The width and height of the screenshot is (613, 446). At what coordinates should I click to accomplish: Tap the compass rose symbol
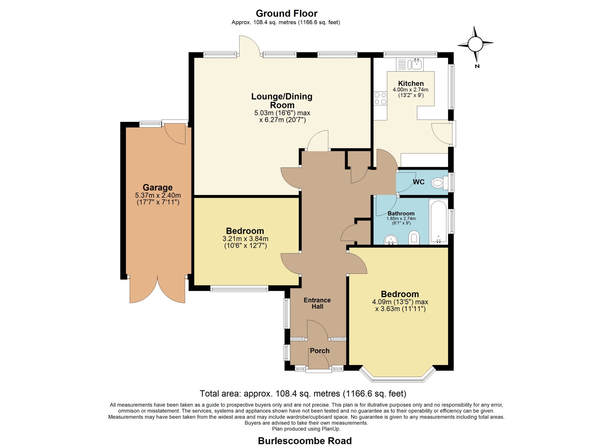coord(475,44)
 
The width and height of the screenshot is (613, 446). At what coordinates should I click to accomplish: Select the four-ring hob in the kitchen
coord(380,98)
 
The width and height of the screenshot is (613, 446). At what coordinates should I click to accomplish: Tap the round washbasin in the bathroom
coord(391,240)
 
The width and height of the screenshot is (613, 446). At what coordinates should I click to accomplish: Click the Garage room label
coord(158,187)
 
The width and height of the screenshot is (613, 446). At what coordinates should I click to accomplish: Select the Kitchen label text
coord(411,84)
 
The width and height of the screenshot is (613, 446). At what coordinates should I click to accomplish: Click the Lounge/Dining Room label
coord(282,101)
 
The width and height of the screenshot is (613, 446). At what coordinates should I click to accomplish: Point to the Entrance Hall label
coord(317,303)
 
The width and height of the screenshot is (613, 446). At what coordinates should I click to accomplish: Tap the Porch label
coord(320,351)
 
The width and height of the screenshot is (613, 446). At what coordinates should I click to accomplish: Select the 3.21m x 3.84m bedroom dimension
coord(245,239)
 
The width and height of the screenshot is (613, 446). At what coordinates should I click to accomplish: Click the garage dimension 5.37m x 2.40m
coord(158,195)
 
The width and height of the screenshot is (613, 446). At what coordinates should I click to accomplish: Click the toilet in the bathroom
coord(414,238)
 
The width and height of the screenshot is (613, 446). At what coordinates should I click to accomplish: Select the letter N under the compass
coord(477,66)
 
